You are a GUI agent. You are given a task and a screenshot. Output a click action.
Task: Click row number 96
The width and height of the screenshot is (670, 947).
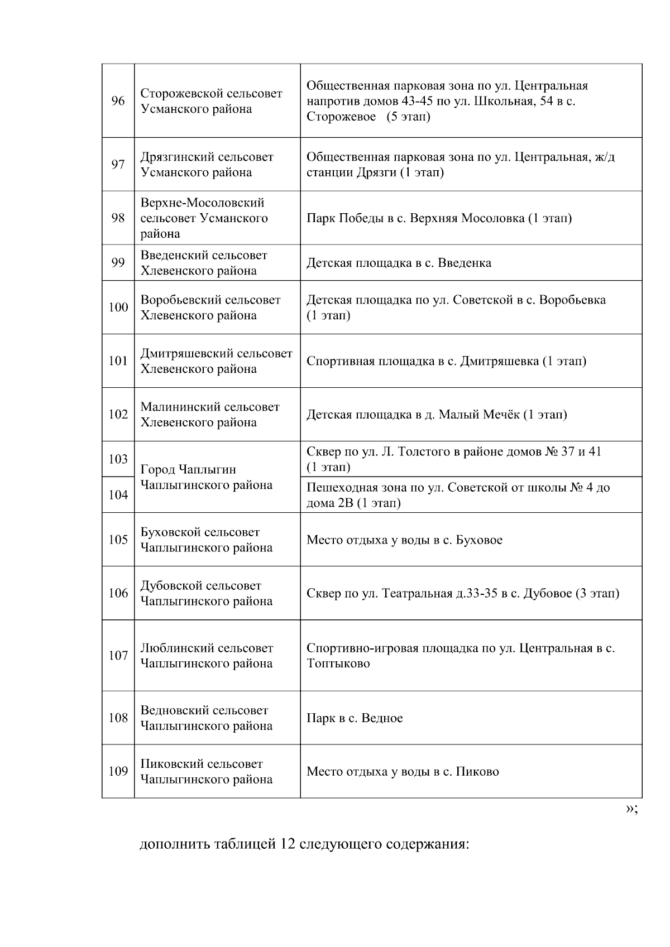tap(118, 101)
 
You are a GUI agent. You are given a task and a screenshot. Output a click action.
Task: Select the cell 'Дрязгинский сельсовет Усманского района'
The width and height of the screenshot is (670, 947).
tap(207, 165)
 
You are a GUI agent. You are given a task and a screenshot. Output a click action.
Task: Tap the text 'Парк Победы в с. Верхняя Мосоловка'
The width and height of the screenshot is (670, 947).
tap(439, 218)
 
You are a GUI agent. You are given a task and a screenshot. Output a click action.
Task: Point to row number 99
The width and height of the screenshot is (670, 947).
tap(118, 262)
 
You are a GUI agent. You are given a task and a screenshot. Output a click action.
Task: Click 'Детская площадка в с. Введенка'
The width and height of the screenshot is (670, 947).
tap(399, 263)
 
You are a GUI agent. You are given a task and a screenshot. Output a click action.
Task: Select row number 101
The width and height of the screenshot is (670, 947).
tap(118, 361)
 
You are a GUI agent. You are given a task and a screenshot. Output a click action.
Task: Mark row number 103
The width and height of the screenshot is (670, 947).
tap(118, 459)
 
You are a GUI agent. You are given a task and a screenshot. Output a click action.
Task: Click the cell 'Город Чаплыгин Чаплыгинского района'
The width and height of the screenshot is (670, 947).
tap(207, 477)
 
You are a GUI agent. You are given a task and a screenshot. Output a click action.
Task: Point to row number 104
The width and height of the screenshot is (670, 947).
tap(118, 495)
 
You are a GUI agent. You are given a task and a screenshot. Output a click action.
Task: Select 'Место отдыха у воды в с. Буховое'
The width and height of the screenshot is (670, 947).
tap(404, 540)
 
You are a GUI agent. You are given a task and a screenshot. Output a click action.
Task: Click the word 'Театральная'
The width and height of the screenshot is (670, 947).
tap(417, 593)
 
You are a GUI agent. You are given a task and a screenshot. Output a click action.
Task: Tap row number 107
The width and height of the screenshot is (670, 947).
tap(118, 656)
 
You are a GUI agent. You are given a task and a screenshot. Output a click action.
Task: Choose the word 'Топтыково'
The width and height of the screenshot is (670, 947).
tap(338, 664)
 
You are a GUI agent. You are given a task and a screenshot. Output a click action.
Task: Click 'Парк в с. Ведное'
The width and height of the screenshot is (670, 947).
tap(355, 718)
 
